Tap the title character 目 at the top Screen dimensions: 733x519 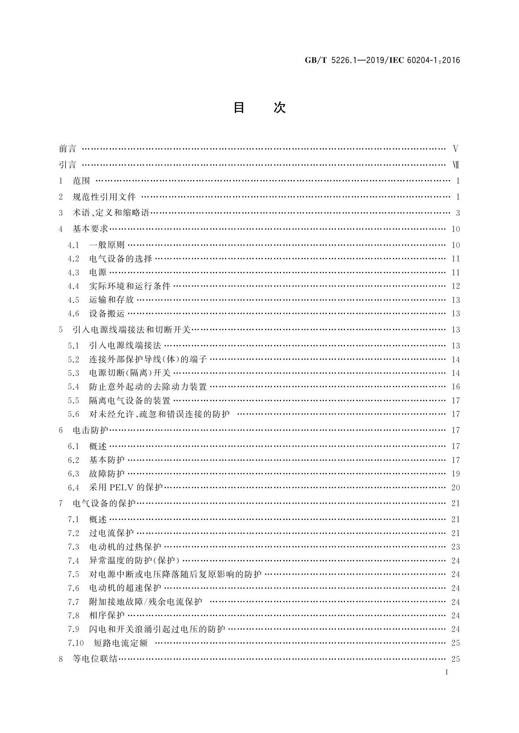coord(239,108)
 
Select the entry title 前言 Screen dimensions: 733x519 coord(68,149)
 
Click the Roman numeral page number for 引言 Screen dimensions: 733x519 coord(456,165)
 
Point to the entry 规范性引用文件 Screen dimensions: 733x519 coord(104,197)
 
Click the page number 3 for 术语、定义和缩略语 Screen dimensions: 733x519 coord(458,213)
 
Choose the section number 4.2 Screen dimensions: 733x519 coord(74,259)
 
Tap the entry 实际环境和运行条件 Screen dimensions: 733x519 coord(129,286)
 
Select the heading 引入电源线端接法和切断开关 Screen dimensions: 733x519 coord(132,330)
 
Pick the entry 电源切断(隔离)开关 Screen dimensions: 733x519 coord(129,373)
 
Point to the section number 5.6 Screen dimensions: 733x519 coord(74,414)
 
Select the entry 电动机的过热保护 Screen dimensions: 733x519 coord(125,547)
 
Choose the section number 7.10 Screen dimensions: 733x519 coord(76,643)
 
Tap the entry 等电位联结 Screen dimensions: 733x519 coord(95,659)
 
